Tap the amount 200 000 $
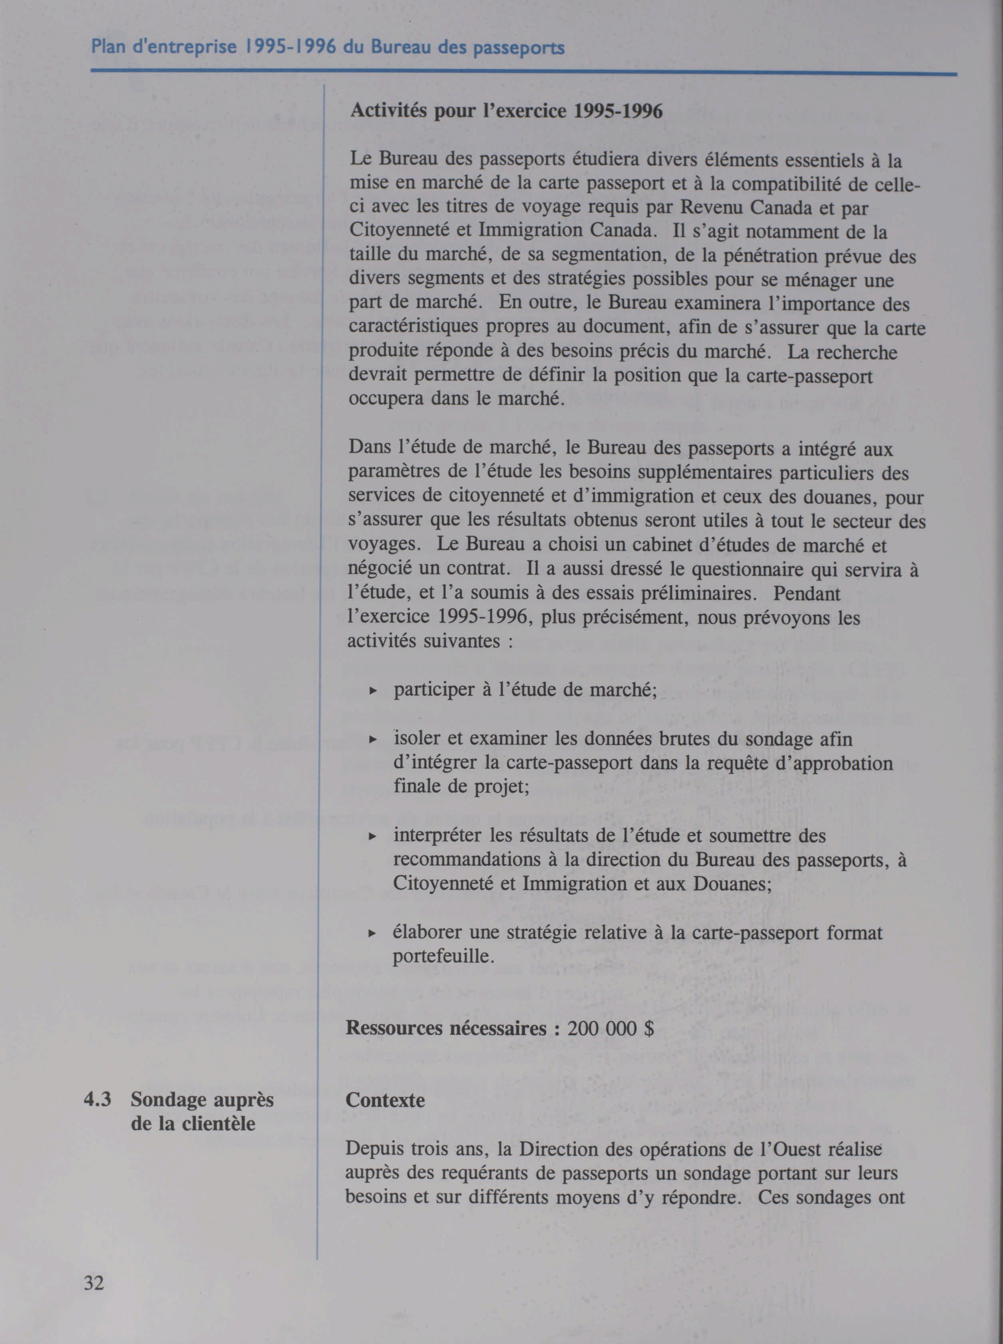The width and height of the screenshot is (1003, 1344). pos(611,1028)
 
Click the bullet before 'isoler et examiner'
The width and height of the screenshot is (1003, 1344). pos(374,740)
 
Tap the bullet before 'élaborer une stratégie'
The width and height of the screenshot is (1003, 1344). pos(374,933)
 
